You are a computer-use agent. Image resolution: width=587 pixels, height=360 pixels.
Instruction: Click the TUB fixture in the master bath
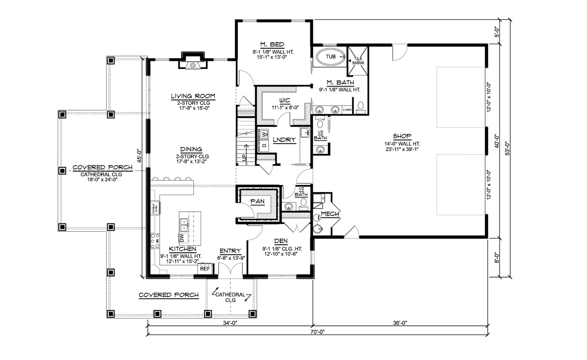point(331,56)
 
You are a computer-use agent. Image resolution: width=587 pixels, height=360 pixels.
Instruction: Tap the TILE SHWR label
point(358,61)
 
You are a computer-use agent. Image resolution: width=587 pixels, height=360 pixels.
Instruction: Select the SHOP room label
point(402,136)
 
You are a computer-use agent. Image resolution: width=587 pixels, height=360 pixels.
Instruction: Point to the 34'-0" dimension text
point(230,323)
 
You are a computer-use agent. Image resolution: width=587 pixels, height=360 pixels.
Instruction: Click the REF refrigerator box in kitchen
point(204,268)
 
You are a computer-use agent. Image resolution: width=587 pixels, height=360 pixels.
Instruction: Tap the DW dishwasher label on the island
point(182,236)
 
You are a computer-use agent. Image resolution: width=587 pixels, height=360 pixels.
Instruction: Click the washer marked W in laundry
point(264,134)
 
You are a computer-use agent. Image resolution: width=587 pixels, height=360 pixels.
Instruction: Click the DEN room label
point(280,241)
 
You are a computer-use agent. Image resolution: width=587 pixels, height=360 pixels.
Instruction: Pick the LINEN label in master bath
point(347,110)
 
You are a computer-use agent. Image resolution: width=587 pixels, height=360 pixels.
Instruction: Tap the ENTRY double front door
point(230,270)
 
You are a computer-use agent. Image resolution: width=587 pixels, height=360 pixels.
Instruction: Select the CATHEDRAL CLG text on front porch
point(230,297)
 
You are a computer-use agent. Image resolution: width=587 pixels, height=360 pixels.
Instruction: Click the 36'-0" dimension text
point(400,323)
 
